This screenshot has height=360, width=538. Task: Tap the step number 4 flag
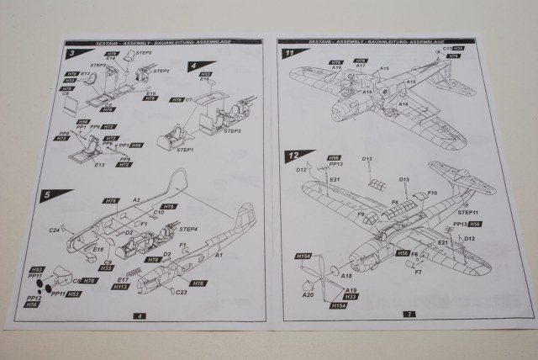point(193,65)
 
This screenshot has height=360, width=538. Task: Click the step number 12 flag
point(293,156)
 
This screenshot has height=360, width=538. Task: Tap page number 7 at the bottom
point(409,314)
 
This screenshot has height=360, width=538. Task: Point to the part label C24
point(53,229)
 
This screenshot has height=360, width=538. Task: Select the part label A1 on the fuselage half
point(220,254)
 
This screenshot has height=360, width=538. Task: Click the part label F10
point(432,193)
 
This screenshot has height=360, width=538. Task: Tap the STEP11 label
point(467,213)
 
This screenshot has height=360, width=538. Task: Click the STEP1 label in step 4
point(184,150)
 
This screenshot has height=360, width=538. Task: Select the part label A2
point(135,200)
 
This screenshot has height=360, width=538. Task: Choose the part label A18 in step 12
point(346,275)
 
